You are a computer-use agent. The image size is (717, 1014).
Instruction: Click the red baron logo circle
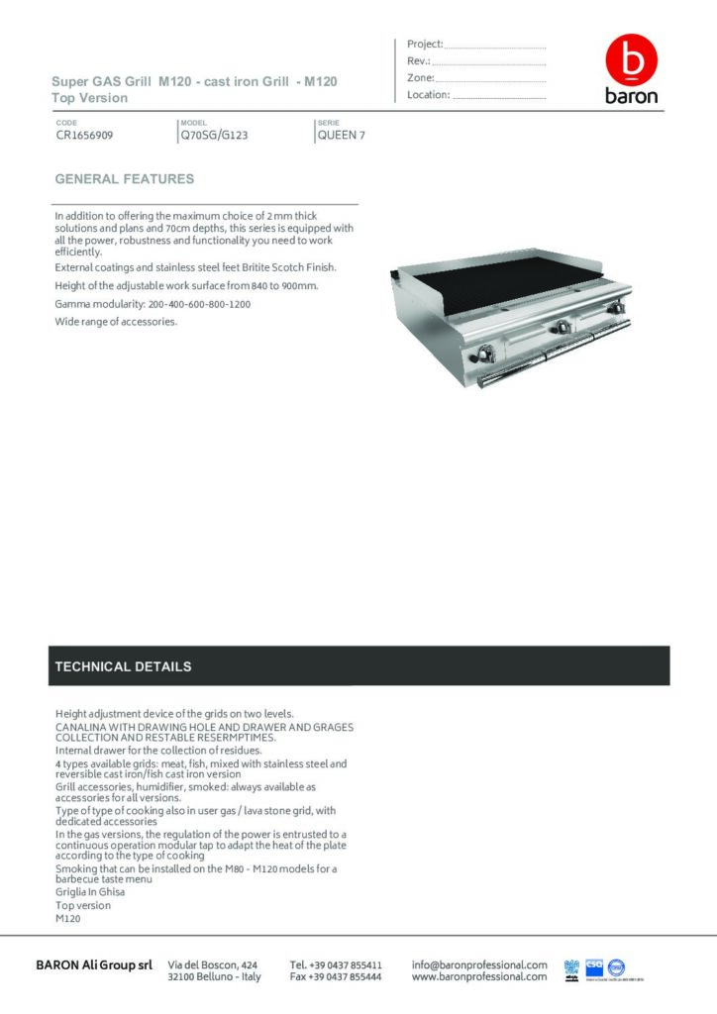point(631,60)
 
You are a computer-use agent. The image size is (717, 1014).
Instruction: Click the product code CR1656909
point(84,136)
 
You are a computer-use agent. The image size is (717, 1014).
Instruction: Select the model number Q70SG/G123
point(213,136)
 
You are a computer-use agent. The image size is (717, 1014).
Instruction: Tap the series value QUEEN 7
point(341,136)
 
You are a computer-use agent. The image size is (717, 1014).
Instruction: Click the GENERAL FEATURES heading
point(124,179)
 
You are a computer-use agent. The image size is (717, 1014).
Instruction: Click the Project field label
point(425,44)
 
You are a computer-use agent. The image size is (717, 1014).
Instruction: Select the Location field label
point(428,95)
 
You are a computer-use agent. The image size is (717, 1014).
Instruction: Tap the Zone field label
point(420,77)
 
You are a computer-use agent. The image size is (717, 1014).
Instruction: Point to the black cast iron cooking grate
point(505,288)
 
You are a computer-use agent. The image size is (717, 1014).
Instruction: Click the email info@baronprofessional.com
point(479,963)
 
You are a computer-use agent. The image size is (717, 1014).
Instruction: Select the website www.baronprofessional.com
point(479,976)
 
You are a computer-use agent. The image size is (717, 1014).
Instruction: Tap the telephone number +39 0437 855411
point(336,963)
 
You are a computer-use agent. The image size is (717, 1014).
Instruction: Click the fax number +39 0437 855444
point(336,976)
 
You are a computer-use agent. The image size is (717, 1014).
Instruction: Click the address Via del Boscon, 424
point(213,963)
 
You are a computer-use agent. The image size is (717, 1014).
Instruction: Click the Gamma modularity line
point(153,304)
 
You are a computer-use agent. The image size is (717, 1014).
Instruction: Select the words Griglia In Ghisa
point(90,891)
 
